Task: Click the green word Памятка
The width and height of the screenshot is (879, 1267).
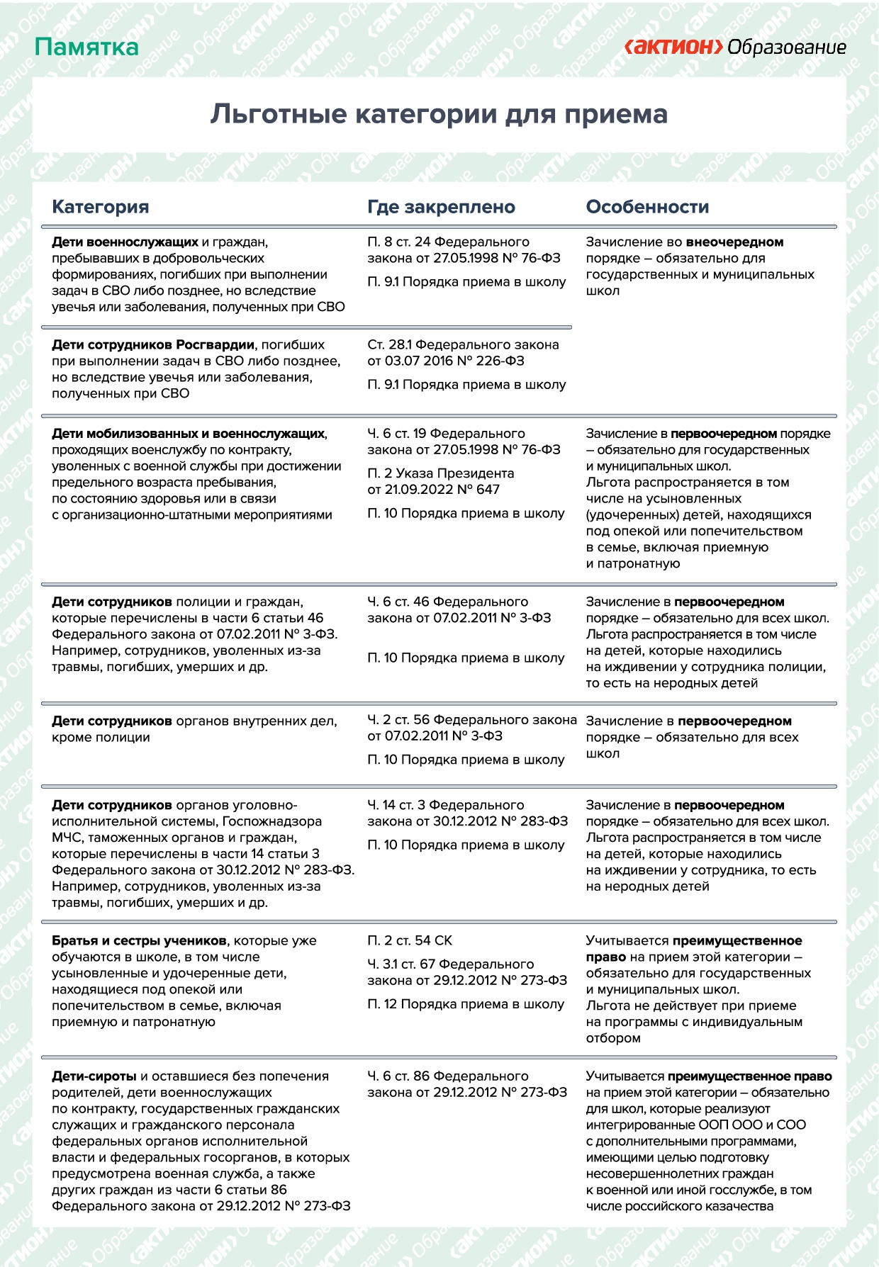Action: click(x=86, y=47)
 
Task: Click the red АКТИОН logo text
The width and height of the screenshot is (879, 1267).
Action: click(x=673, y=47)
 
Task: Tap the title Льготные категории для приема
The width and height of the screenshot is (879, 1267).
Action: click(x=439, y=115)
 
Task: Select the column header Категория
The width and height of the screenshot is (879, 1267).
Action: click(x=101, y=207)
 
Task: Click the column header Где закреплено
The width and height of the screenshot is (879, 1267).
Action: click(x=441, y=207)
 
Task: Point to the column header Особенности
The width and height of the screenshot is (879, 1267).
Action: click(x=647, y=207)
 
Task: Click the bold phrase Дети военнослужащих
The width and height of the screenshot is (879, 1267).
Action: click(x=125, y=242)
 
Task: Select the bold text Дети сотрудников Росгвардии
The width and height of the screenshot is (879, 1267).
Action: click(x=152, y=345)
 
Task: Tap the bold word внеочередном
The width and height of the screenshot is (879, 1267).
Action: click(x=734, y=242)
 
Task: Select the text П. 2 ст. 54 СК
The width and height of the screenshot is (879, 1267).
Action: click(x=410, y=941)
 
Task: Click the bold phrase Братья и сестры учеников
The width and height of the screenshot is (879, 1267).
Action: click(x=139, y=941)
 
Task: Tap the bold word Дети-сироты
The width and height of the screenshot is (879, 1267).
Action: click(x=94, y=1076)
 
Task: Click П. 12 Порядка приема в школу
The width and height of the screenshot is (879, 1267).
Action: click(x=466, y=1005)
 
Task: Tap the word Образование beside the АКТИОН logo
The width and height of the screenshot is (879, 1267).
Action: click(x=787, y=47)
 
